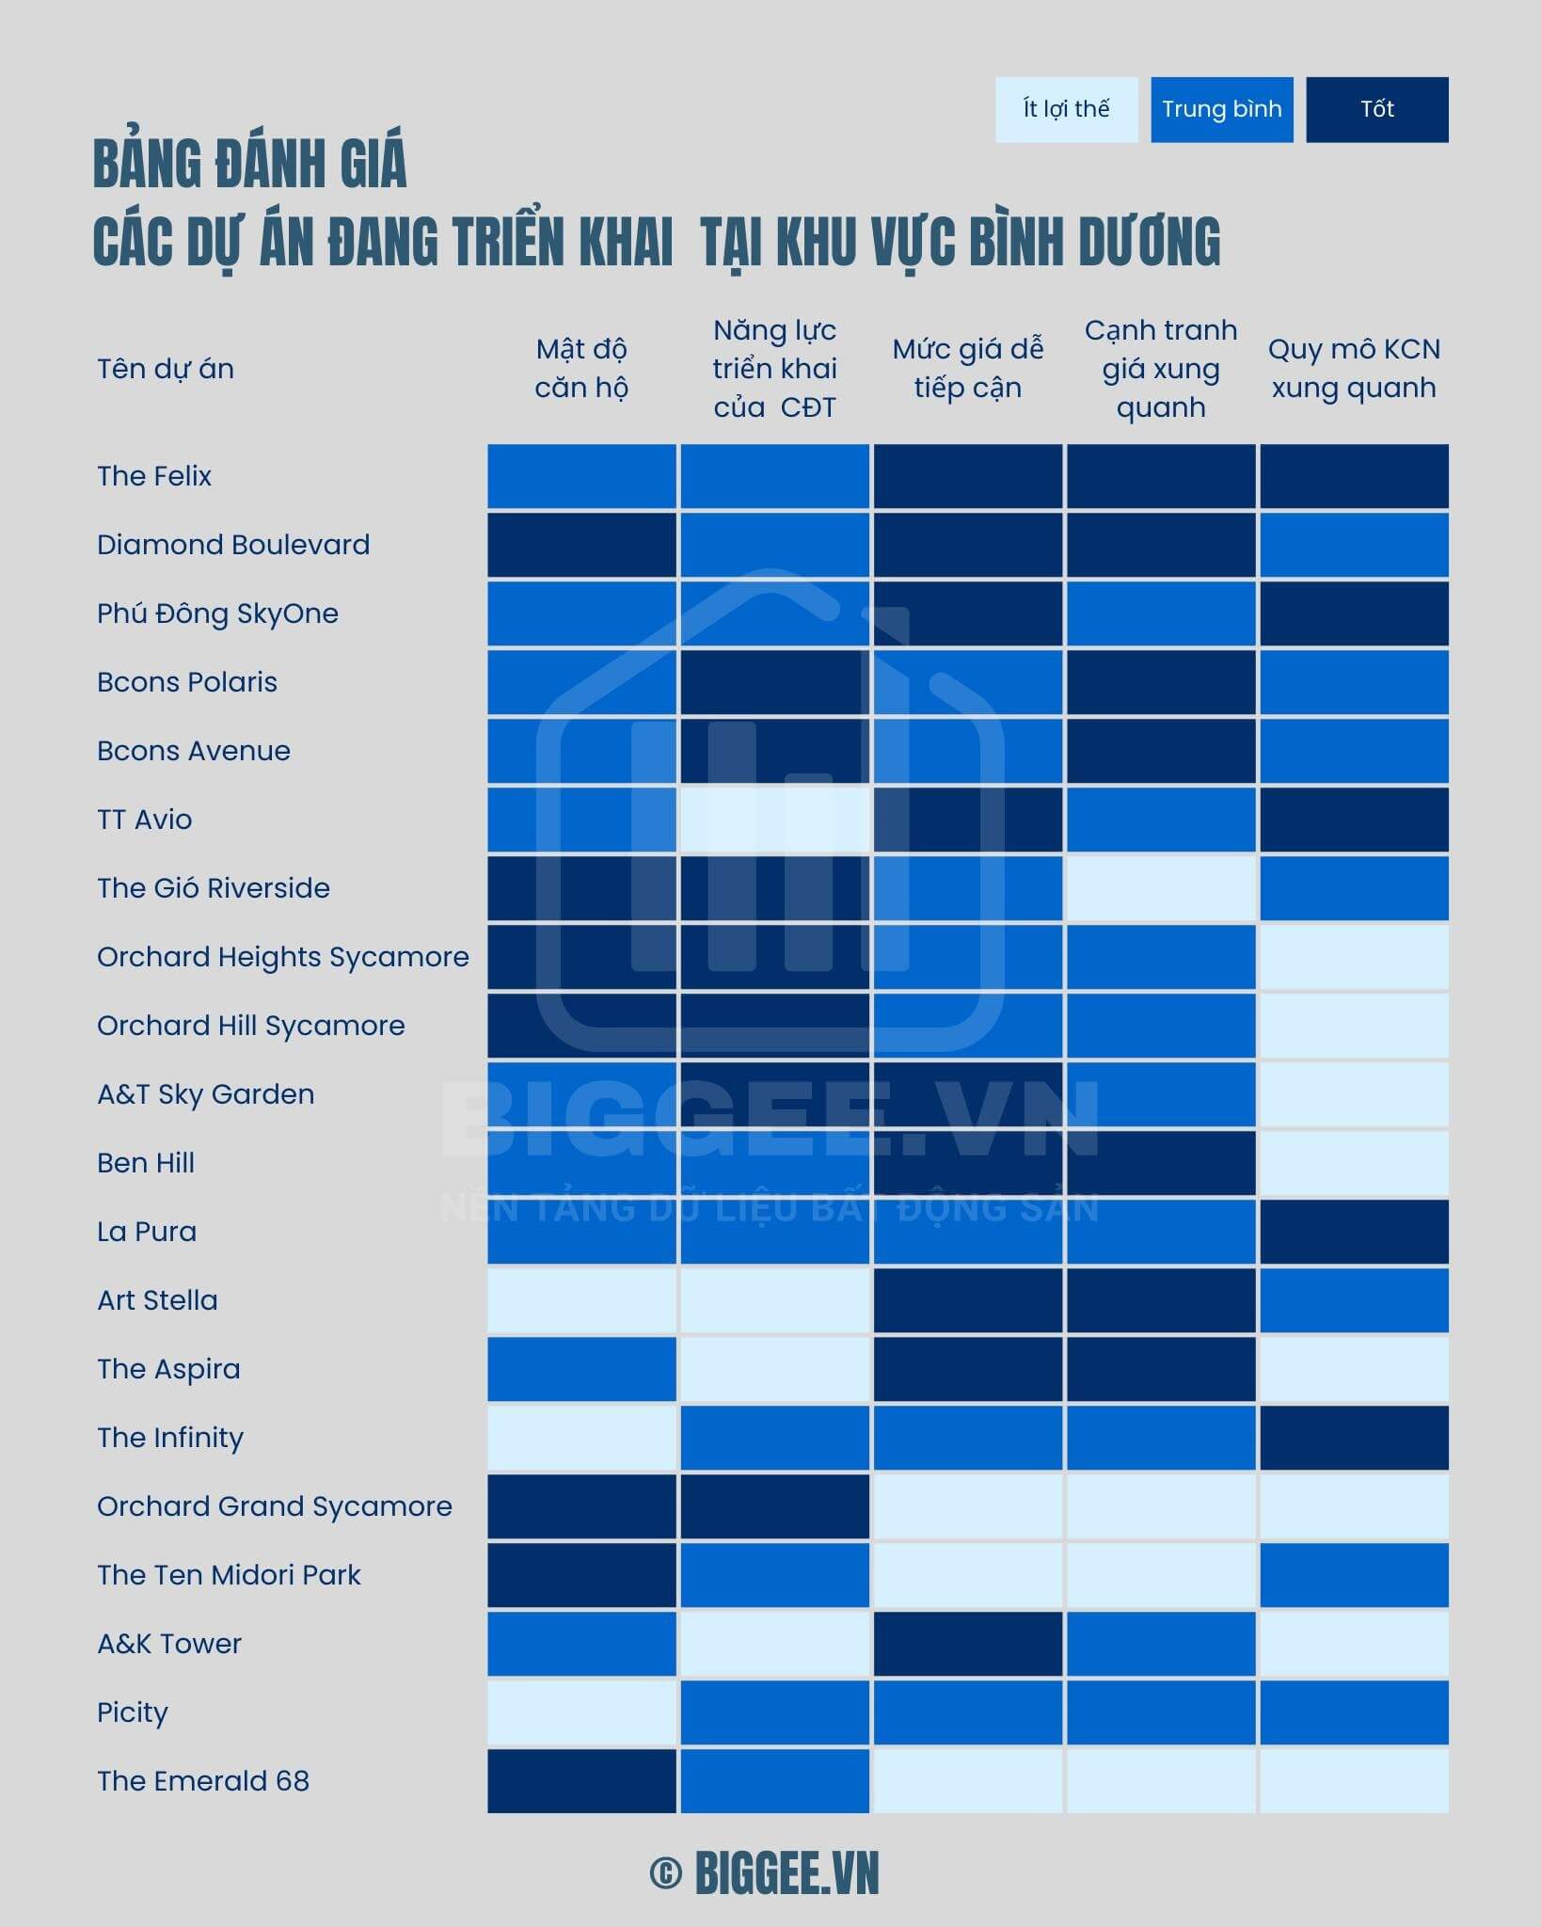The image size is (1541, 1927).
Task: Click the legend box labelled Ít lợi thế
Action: [x=1066, y=109]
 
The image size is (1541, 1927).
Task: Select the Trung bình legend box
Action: [x=1221, y=109]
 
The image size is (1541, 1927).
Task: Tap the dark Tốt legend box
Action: [x=1376, y=109]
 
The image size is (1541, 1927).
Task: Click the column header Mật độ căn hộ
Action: [x=581, y=368]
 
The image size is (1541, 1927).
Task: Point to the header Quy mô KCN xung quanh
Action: [x=1354, y=368]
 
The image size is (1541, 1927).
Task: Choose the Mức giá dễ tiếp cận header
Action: [x=967, y=368]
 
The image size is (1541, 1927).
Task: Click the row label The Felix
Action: [x=154, y=476]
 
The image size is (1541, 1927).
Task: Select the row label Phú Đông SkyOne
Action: [x=217, y=613]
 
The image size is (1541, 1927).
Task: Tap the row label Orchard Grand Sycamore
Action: [x=275, y=1506]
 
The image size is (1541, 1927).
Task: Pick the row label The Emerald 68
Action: [x=203, y=1781]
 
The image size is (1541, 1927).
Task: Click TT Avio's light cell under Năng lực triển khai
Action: [x=774, y=820]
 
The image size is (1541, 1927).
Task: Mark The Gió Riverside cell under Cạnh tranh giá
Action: [x=1161, y=888]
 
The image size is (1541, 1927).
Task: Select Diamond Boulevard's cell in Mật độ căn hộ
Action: [x=581, y=545]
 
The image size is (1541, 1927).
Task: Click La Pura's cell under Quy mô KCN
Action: [x=1354, y=1232]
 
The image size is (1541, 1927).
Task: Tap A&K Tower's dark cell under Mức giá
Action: [x=967, y=1644]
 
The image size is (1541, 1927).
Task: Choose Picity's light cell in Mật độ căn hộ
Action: [x=581, y=1712]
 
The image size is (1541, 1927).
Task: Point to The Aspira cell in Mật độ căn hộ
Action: [x=581, y=1369]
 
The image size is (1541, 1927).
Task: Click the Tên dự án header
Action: [x=166, y=369]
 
